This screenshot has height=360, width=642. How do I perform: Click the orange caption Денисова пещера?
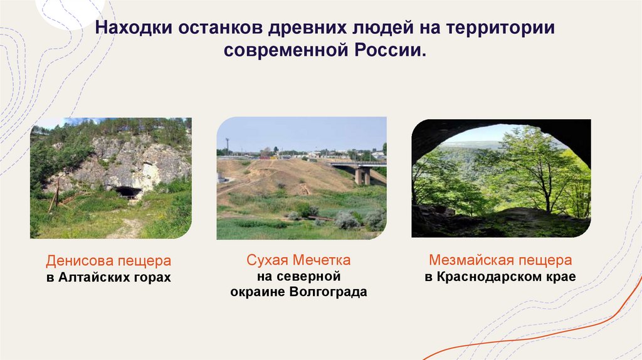pyautogui.click(x=108, y=260)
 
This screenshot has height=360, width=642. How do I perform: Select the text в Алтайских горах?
pyautogui.click(x=108, y=277)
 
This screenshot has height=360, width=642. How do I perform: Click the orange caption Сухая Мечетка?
pyautogui.click(x=298, y=260)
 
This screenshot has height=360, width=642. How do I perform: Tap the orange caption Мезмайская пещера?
pyautogui.click(x=500, y=260)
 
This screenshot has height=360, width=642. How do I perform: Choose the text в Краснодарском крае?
pyautogui.click(x=500, y=277)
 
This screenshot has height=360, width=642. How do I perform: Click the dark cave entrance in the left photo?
pyautogui.click(x=128, y=191)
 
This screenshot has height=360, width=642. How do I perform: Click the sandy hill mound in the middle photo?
pyautogui.click(x=282, y=176)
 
